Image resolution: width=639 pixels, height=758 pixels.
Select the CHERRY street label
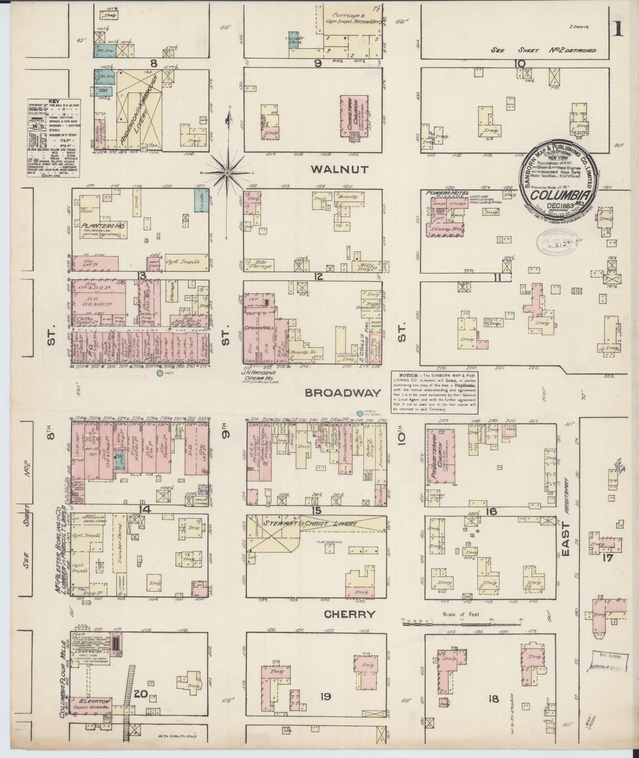[x=349, y=614]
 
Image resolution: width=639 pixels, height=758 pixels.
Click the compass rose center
[x=227, y=172]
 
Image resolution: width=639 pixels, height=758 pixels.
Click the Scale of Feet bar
[x=460, y=624]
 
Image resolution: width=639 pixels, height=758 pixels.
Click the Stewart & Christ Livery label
[x=310, y=524]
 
